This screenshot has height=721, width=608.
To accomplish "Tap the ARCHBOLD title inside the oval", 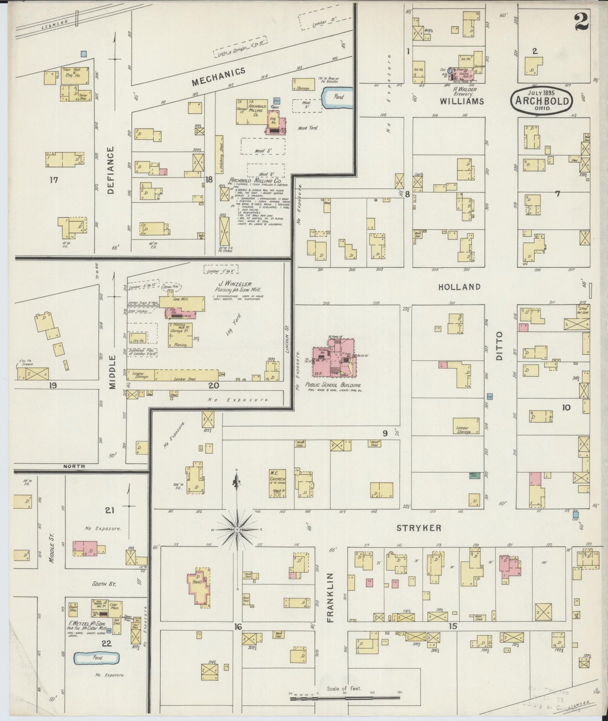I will pos(542,101).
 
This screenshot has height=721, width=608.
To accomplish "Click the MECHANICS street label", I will pos(218,76).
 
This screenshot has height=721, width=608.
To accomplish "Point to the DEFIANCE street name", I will pos(111,170).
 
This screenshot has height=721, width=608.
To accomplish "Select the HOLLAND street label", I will pos(459,287).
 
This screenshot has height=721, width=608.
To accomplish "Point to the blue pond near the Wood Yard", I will pos(338,97).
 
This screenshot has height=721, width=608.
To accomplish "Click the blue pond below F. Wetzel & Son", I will pos(96,658).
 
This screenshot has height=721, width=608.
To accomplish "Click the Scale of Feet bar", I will pos(345,699).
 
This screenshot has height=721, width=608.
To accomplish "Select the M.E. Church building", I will pos(277,484).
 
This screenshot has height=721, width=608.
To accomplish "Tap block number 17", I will pos(53,180).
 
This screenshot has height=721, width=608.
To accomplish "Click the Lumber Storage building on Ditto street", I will pos(466,426).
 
